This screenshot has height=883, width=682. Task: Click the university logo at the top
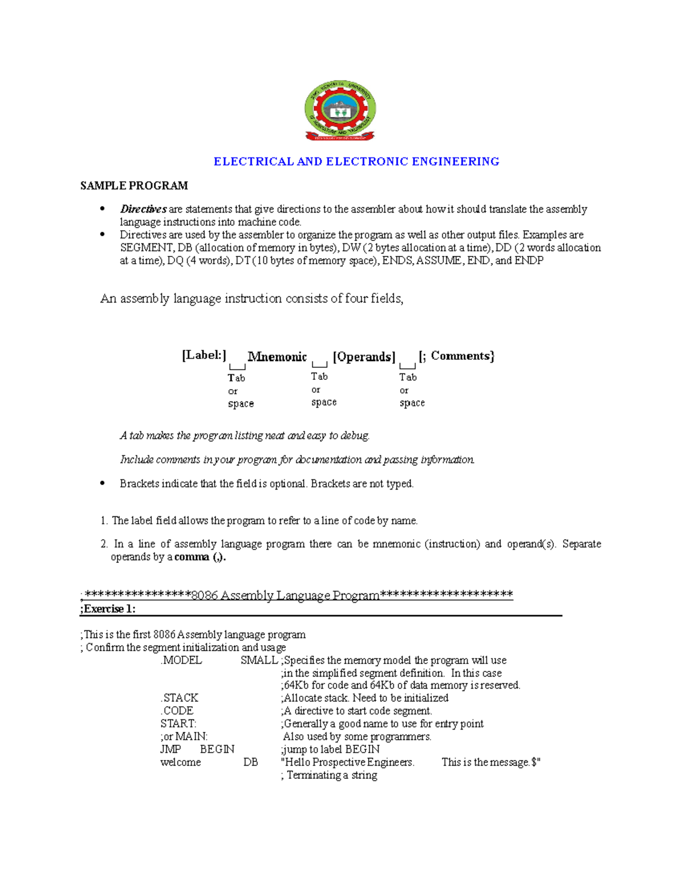coord(340,110)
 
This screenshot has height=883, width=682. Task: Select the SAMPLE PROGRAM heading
coord(134,186)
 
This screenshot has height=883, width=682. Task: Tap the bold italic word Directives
coord(143,209)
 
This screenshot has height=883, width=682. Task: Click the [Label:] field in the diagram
coord(204,355)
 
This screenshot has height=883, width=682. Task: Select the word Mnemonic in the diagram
coord(277,357)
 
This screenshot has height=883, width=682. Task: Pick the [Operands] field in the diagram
coord(364,357)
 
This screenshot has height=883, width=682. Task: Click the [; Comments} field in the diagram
coord(456,356)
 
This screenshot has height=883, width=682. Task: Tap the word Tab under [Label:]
coord(236,378)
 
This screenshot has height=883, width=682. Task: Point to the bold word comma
coord(192,557)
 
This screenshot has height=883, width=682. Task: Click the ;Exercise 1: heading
coord(108,609)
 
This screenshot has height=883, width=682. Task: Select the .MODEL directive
coord(181,661)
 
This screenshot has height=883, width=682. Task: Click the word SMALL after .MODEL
coord(259,661)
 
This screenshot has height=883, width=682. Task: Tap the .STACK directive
coord(180,698)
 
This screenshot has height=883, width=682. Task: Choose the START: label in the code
coord(178,724)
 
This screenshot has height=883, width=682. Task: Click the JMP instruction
coord(170,749)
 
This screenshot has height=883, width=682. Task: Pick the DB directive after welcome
coord(251,762)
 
